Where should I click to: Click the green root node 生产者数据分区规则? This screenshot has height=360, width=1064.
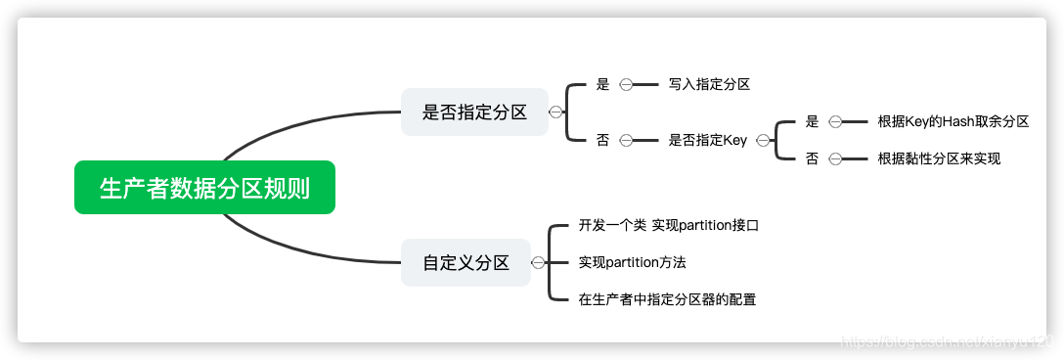click(x=204, y=187)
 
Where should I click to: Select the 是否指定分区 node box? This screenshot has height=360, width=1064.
click(x=474, y=112)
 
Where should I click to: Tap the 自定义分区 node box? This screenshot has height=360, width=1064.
click(x=465, y=262)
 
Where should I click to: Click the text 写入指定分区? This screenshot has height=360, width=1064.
click(x=709, y=85)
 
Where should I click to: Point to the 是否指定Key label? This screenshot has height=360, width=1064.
click(x=707, y=141)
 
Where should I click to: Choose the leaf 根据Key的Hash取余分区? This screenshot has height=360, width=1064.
click(x=953, y=122)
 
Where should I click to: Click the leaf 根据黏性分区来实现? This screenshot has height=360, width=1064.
click(x=939, y=158)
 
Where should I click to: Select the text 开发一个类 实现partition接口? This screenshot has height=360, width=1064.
click(x=669, y=226)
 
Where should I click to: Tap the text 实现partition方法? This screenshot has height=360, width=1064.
click(x=632, y=262)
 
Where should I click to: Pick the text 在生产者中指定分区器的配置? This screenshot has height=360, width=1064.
click(x=667, y=299)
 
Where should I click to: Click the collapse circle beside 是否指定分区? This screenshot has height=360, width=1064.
click(x=555, y=112)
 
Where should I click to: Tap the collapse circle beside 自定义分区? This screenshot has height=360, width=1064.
click(x=537, y=262)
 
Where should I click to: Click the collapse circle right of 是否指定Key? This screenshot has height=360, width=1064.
click(x=762, y=141)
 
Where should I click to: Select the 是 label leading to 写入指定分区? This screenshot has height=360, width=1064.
click(x=602, y=85)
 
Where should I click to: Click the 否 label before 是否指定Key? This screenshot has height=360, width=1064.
click(x=602, y=141)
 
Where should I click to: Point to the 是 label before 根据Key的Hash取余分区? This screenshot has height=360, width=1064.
click(x=812, y=122)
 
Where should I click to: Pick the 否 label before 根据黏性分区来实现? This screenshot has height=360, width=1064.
click(x=812, y=158)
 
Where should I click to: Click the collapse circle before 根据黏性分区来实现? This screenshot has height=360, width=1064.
click(x=835, y=158)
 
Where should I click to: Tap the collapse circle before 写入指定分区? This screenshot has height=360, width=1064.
click(x=626, y=85)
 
